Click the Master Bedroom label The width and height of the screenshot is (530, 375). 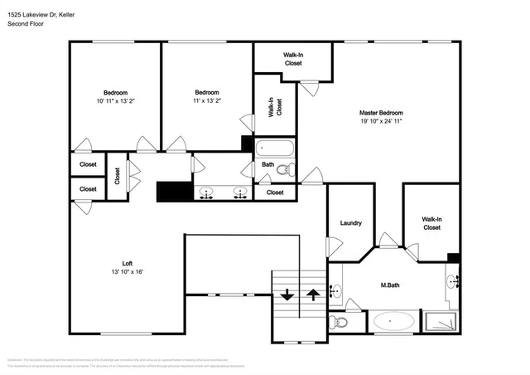380,112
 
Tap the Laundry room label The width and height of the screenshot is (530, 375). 351,222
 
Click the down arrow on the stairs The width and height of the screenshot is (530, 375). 287,294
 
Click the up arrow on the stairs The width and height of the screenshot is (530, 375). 312,294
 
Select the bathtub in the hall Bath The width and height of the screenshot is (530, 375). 273,149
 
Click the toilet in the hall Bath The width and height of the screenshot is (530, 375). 284,170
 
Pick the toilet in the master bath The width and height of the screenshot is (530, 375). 335,322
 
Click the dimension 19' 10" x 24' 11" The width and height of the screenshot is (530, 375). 380,121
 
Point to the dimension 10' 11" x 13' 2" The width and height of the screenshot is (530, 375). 114,101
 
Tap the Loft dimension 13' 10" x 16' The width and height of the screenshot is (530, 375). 127,271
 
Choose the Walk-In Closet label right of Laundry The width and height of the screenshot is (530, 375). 431,222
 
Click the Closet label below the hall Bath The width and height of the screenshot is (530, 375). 275,192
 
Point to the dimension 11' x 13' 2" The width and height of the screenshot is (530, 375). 207,101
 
